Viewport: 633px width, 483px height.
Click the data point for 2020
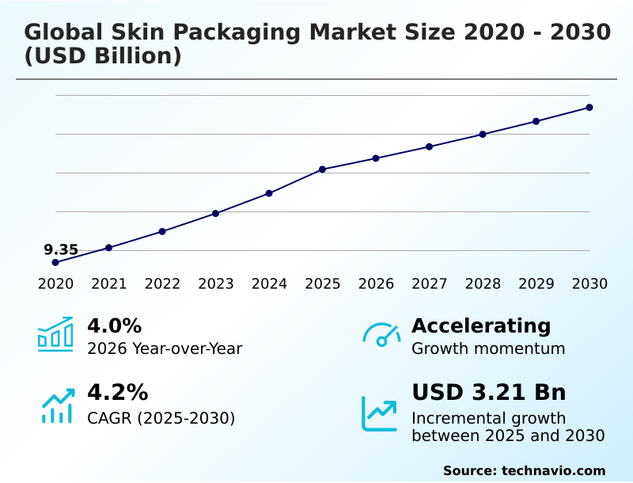[55, 262]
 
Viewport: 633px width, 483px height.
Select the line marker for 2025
[323, 169]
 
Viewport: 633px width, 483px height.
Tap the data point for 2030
[589, 107]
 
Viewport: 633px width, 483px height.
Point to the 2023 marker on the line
[215, 214]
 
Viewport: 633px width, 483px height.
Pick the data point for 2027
[429, 146]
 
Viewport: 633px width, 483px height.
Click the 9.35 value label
[61, 250]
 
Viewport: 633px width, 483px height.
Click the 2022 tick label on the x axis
[162, 284]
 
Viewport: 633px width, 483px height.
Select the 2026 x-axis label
[376, 284]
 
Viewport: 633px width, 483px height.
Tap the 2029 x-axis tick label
[536, 284]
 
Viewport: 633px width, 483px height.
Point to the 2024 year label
[269, 284]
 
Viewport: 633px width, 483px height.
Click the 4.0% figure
[114, 325]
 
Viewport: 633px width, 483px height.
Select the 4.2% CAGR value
[117, 393]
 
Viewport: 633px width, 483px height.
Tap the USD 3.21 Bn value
[489, 393]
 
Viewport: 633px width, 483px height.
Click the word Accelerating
[481, 325]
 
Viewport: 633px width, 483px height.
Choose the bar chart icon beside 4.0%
[55, 334]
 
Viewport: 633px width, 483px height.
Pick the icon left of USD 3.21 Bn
[380, 413]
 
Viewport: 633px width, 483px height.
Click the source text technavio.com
[553, 470]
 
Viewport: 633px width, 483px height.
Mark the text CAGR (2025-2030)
[161, 418]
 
